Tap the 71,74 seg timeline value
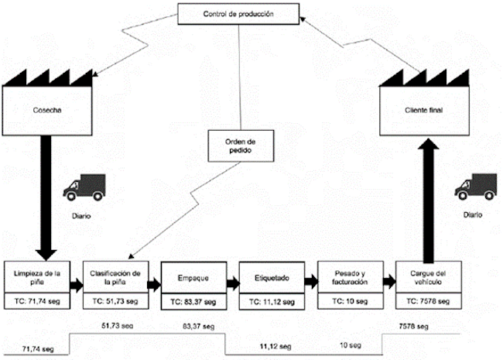tap(36, 350)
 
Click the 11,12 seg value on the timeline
tap(275, 346)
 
